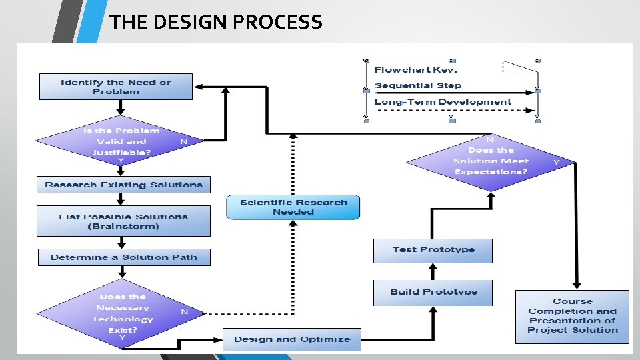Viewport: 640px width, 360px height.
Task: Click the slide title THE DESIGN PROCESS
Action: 216,22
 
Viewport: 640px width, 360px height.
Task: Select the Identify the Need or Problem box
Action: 116,87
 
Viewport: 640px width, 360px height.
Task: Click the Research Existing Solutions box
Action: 123,185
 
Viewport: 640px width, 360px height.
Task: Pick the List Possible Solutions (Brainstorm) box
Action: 123,221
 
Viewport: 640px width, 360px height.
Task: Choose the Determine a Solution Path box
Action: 123,257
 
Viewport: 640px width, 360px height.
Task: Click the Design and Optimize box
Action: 291,339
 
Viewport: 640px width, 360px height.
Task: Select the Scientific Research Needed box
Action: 293,207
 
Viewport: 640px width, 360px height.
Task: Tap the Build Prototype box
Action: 433,292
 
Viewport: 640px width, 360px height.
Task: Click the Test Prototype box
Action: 433,249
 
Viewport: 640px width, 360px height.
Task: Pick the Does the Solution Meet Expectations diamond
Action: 491,161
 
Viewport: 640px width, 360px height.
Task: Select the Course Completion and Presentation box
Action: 572,316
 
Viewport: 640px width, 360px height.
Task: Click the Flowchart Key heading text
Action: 415,69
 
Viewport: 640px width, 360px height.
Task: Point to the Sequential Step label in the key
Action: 418,85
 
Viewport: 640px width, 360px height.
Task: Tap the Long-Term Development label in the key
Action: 443,102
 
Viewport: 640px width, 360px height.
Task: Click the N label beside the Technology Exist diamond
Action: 185,311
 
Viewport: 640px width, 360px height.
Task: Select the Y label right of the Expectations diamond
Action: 556,162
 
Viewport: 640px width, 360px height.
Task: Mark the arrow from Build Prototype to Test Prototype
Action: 433,271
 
